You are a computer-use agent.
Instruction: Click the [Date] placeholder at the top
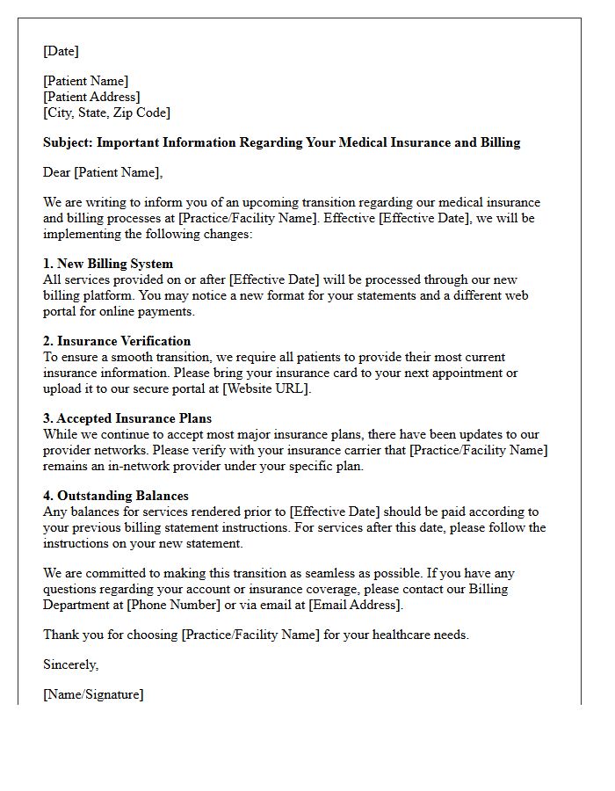pyautogui.click(x=61, y=51)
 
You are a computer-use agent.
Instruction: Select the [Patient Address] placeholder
pyautogui.click(x=91, y=97)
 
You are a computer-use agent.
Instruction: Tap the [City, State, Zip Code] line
pyautogui.click(x=106, y=112)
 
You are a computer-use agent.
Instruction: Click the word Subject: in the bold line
pyautogui.click(x=68, y=142)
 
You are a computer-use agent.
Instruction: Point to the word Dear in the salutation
pyautogui.click(x=57, y=172)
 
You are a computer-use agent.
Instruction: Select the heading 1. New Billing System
pyautogui.click(x=108, y=264)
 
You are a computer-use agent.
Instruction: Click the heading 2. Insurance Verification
pyautogui.click(x=117, y=341)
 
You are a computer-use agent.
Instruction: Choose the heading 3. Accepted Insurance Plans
pyautogui.click(x=127, y=418)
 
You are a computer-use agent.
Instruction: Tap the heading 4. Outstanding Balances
pyautogui.click(x=116, y=496)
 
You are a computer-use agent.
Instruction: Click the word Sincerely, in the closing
pyautogui.click(x=71, y=664)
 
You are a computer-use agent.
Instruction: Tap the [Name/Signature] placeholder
pyautogui.click(x=93, y=694)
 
